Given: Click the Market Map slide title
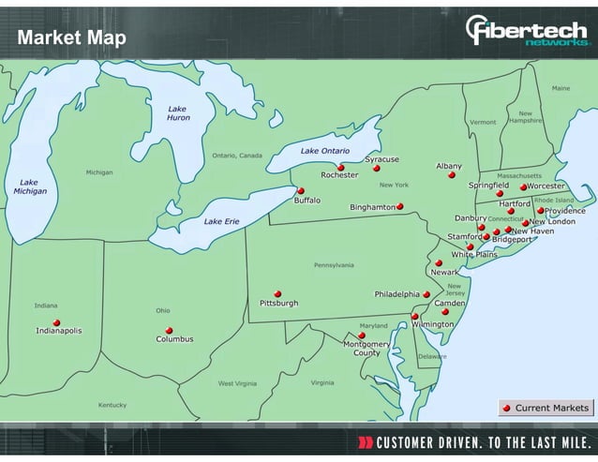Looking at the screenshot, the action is (x=70, y=38).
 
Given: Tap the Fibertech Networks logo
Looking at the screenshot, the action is (x=528, y=34).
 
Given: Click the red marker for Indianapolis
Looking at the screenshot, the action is (x=56, y=322).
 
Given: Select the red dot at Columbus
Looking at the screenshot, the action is (x=170, y=330).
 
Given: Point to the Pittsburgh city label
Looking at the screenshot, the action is (x=279, y=304).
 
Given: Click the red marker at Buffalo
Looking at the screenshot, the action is (x=301, y=190).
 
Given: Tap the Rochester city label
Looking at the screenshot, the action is (x=339, y=175).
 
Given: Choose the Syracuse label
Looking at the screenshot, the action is (x=381, y=159).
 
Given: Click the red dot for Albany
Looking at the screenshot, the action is (x=451, y=174).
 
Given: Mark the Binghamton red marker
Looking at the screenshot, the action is (x=400, y=206).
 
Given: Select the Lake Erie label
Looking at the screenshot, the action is (x=222, y=221).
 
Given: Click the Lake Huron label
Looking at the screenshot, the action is (x=178, y=113).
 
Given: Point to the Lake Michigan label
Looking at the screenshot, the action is (x=30, y=186).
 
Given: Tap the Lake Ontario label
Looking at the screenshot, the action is (x=324, y=151).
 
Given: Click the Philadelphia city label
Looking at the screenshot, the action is (x=397, y=294).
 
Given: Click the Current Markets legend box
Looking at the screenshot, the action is (x=546, y=408).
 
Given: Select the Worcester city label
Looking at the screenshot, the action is (x=547, y=186).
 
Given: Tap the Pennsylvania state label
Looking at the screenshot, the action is (x=334, y=265).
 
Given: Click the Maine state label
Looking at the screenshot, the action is (x=561, y=88).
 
